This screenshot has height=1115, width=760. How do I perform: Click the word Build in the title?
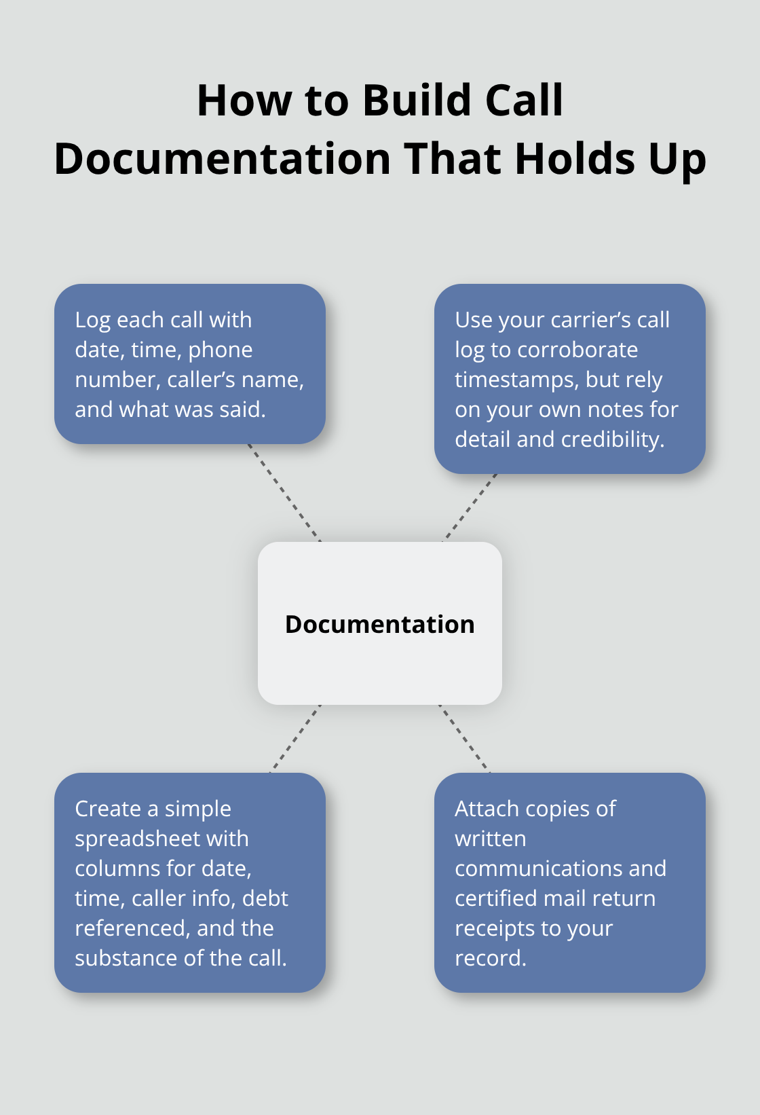pyautogui.click(x=417, y=100)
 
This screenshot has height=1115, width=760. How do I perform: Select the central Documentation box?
pyautogui.click(x=379, y=623)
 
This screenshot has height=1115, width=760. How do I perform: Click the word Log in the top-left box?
pyautogui.click(x=92, y=321)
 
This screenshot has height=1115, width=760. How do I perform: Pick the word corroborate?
pyautogui.click(x=577, y=350)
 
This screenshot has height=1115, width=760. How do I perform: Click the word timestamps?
pyautogui.click(x=517, y=380)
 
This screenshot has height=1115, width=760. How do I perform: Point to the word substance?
pyautogui.click(x=124, y=958)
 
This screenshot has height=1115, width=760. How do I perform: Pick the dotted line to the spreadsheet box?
pyautogui.click(x=295, y=739)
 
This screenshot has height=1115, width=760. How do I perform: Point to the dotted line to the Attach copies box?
pyautogui.click(x=464, y=739)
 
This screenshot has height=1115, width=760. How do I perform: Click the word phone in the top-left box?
pyautogui.click(x=221, y=350)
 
